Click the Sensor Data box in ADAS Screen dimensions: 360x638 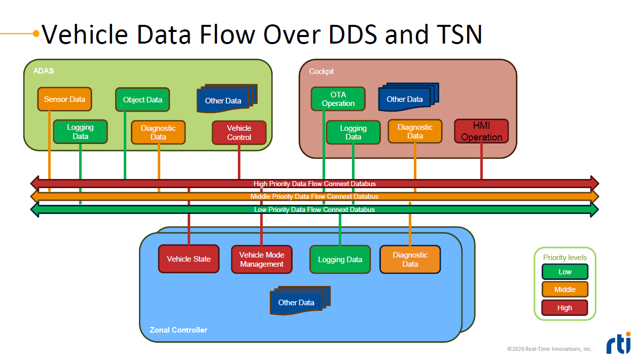pyautogui.click(x=64, y=99)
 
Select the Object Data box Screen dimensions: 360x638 pyautogui.click(x=143, y=100)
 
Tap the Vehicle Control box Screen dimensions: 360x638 pyautogui.click(x=239, y=133)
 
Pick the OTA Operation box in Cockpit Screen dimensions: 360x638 pyautogui.click(x=338, y=99)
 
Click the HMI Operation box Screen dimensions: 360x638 pyautogui.click(x=481, y=131)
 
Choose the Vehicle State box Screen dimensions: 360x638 pyautogui.click(x=189, y=259)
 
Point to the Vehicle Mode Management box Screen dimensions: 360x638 pyautogui.click(x=262, y=260)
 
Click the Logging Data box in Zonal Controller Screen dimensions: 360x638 pyautogui.click(x=340, y=260)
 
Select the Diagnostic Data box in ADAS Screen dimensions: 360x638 pyautogui.click(x=158, y=132)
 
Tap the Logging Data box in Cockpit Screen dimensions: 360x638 pyautogui.click(x=353, y=132)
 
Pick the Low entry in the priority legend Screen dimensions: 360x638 pyautogui.click(x=565, y=272)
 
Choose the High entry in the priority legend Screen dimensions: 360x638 pyautogui.click(x=564, y=308)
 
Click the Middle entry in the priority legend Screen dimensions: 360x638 pyautogui.click(x=565, y=290)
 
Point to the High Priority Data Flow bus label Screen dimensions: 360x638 pyautogui.click(x=314, y=184)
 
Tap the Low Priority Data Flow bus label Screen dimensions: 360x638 pyautogui.click(x=314, y=209)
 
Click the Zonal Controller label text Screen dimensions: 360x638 pyautogui.click(x=179, y=330)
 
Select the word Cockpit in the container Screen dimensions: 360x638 pyautogui.click(x=322, y=71)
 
